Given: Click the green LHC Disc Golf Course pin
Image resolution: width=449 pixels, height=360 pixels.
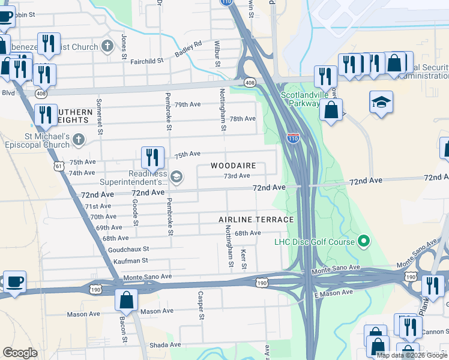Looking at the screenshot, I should pyautogui.click(x=363, y=242).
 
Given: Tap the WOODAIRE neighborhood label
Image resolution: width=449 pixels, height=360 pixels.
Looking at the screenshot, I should pyautogui.click(x=234, y=165).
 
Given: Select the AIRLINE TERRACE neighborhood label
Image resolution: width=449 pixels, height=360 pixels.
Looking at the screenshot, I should pyautogui.click(x=256, y=220).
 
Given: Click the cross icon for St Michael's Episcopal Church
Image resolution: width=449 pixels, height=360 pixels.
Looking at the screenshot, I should pyautogui.click(x=78, y=140).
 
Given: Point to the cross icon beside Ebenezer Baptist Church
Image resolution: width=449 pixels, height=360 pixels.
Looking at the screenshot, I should pyautogui.click(x=107, y=47).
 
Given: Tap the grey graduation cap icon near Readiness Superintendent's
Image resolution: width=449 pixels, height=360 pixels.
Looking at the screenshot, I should pyautogui.click(x=176, y=177).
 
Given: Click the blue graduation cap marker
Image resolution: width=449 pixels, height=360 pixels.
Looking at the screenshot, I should pyautogui.click(x=381, y=103).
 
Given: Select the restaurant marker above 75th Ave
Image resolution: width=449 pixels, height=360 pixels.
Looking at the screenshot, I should pyautogui.click(x=152, y=157).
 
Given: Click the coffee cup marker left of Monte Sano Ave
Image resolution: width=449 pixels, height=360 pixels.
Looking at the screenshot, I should pyautogui.click(x=14, y=281).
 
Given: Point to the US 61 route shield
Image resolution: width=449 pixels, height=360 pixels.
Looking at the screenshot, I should pyautogui.click(x=58, y=165).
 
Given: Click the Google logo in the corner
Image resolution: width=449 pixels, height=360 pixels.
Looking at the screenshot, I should pyautogui.click(x=20, y=353).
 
